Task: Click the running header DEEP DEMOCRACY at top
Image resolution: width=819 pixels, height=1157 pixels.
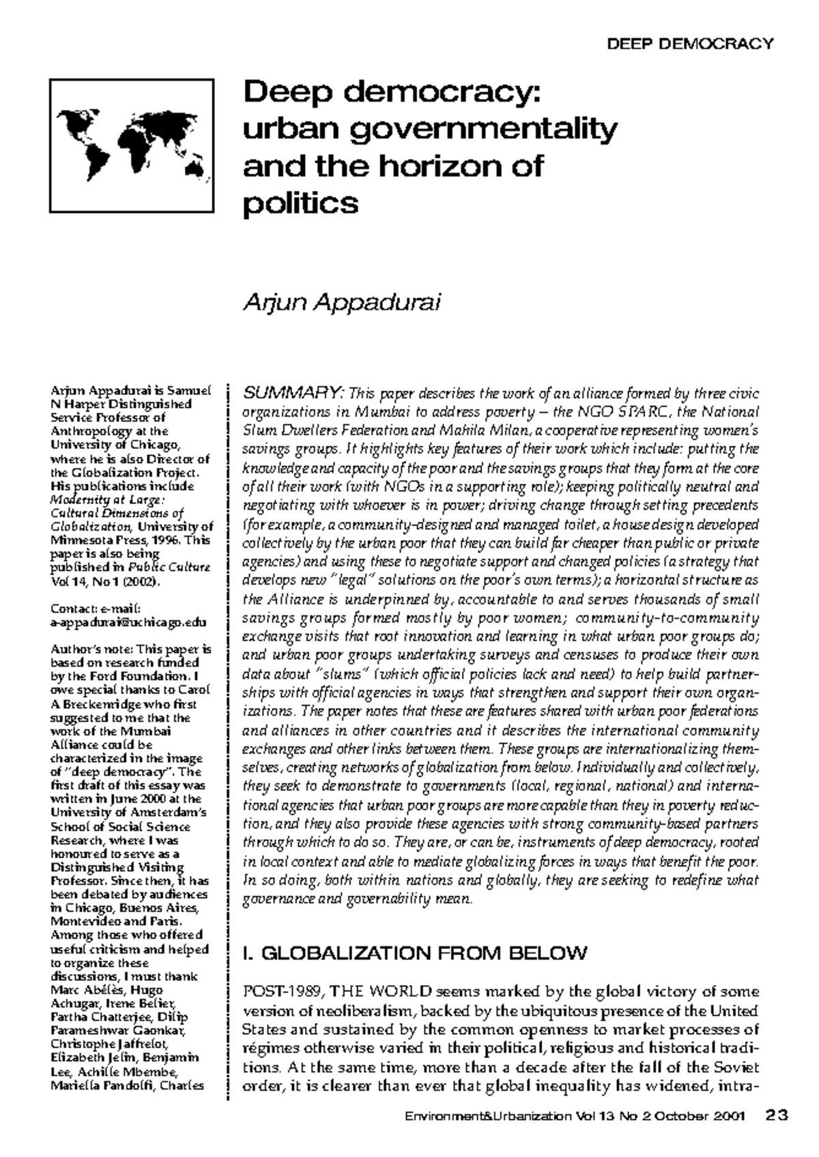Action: coord(690,44)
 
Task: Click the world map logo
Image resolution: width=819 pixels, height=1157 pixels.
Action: coord(132,145)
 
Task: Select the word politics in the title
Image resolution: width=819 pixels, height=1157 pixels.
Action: coord(300,203)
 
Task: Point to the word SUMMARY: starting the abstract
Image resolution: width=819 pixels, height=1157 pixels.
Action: coord(293,394)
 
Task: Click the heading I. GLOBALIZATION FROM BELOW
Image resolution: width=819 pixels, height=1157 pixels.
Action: coord(415,953)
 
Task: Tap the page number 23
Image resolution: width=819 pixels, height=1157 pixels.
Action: coord(777,1115)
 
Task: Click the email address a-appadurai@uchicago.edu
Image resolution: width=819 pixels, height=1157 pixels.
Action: coord(128,622)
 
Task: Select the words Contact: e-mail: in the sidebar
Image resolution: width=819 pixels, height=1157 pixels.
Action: coord(96,609)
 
